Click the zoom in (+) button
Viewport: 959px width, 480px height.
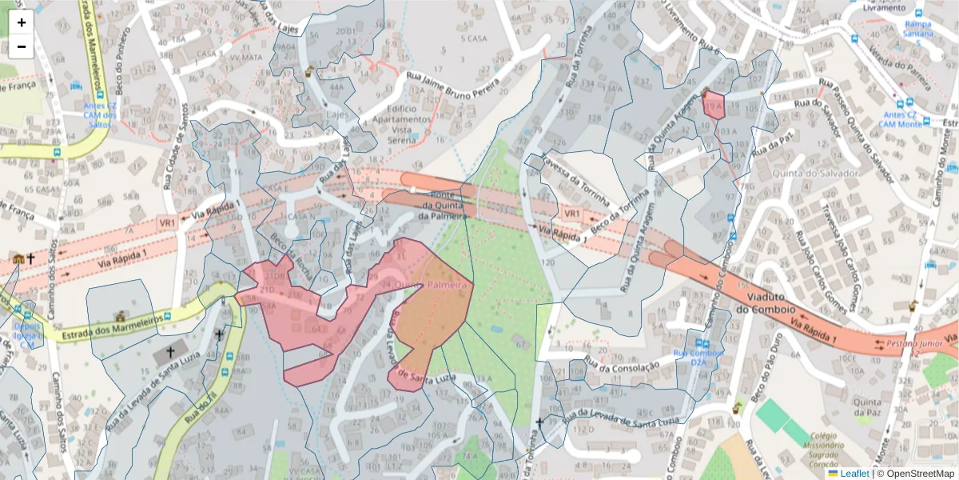pos(22,22)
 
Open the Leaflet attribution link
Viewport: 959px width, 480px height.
pos(854,474)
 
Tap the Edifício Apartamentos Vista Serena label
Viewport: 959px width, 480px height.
pos(400,124)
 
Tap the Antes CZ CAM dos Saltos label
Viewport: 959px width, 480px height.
pos(100,114)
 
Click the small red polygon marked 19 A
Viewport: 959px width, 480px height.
pos(713,106)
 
